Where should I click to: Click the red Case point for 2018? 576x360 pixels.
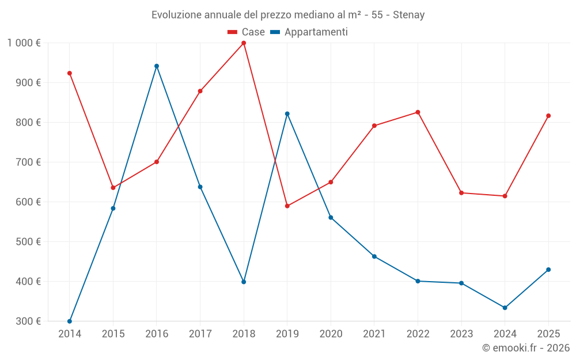244,43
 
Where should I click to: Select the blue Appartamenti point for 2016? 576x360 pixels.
157,66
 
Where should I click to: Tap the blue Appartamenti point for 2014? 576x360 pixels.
70,321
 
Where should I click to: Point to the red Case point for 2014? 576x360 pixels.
70,73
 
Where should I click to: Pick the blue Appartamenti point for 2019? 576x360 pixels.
287,114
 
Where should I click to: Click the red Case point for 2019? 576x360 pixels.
287,206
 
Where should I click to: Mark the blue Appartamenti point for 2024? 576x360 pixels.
505,308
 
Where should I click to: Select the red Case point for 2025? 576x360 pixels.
548,116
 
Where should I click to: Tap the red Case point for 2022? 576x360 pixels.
418,112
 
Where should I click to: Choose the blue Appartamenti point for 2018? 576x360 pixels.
244,282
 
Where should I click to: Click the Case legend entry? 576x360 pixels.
247,32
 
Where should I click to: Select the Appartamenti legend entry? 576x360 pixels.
309,32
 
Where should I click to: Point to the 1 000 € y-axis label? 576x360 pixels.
24,43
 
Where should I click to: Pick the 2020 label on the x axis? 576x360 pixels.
331,334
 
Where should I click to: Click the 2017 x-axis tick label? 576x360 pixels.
200,334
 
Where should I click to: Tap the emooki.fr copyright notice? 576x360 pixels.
525,348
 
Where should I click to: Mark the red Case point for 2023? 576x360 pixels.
461,193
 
